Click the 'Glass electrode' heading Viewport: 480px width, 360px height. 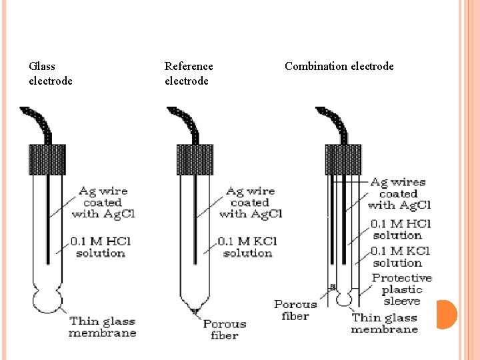click(x=51, y=73)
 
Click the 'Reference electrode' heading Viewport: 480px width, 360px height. click(x=189, y=73)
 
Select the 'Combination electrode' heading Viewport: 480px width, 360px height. click(x=339, y=66)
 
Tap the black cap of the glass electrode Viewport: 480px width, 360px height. click(x=46, y=159)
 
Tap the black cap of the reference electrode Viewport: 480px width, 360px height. click(x=193, y=159)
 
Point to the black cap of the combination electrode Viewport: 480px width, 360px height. click(x=343, y=159)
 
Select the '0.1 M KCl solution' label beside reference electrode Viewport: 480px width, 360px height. click(x=247, y=247)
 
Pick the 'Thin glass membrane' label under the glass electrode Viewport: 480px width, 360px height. click(x=103, y=327)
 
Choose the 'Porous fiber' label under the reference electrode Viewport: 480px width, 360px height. click(x=225, y=329)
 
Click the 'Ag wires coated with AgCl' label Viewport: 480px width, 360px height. click(x=399, y=193)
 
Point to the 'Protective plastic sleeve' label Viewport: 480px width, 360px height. click(x=401, y=289)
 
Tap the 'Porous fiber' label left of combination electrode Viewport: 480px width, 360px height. click(x=295, y=310)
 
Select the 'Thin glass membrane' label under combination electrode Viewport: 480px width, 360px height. click(x=384, y=323)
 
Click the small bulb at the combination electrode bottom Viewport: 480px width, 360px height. click(x=343, y=299)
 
